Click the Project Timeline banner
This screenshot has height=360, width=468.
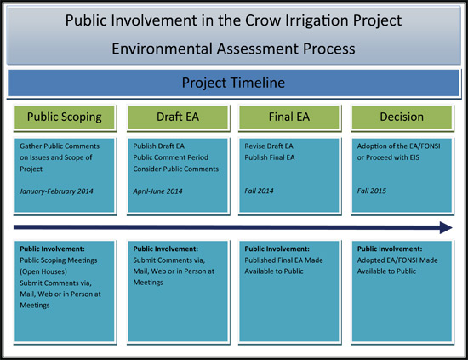point(234,83)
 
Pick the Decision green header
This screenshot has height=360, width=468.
point(402,117)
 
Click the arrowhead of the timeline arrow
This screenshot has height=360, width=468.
point(444,228)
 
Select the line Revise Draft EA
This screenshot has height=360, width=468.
point(270,146)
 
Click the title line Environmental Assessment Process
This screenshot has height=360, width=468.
point(234,49)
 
